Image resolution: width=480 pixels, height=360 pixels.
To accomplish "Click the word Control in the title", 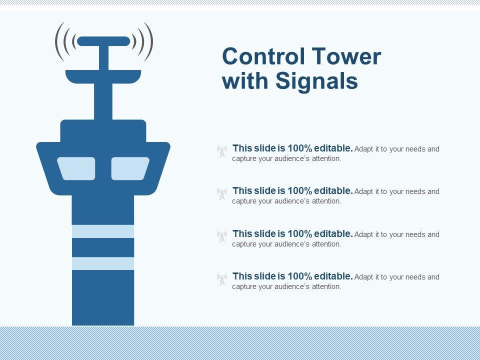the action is pos(263,56).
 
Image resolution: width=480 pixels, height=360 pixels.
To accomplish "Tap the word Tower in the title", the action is pos(346,56).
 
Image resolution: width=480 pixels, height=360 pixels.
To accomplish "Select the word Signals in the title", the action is pos(317,81).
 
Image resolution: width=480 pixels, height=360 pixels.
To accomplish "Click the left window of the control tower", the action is pos(76,168).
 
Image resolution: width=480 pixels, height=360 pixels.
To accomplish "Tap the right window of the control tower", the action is pos(130,168).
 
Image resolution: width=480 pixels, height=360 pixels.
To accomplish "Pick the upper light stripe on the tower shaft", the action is pos(103,231).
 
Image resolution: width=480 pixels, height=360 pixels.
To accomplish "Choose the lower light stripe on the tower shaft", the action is pos(103,263).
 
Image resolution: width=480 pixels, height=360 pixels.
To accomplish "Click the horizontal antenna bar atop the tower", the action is pos(104,41).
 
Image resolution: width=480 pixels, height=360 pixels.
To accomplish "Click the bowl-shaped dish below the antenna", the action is pos(103,76).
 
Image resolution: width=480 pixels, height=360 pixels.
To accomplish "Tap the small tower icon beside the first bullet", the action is pos(222,151).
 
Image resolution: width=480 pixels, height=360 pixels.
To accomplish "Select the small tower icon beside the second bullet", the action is pos(222,194).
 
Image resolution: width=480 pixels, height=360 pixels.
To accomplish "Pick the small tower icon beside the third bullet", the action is pos(222,236).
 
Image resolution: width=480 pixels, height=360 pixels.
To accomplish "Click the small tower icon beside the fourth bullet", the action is pos(222,279).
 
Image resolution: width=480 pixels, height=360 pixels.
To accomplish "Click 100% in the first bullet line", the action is pos(300,148).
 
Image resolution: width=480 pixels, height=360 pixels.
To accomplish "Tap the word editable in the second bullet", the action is pos(333,191).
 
